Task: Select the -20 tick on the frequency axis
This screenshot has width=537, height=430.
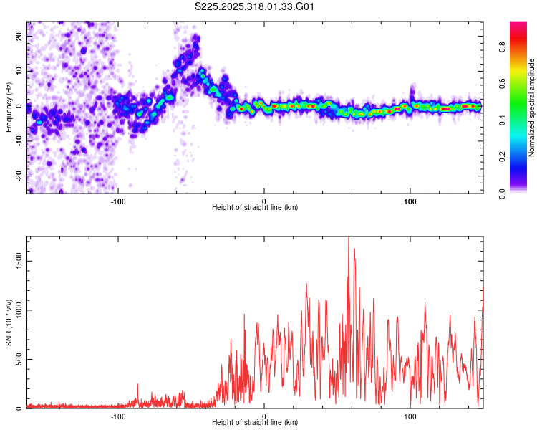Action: [19, 176]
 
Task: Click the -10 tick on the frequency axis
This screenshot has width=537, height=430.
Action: [19, 141]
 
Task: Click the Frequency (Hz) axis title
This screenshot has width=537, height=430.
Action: [9, 107]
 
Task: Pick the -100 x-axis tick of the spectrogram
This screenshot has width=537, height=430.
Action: [118, 200]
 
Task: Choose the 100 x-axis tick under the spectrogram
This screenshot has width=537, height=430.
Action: [410, 200]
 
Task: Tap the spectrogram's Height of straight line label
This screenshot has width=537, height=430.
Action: [255, 208]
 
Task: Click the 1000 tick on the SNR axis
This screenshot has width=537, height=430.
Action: [18, 310]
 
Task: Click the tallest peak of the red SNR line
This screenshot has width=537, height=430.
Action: [348, 238]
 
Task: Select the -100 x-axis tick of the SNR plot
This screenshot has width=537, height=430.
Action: [118, 416]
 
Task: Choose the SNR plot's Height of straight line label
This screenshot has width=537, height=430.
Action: [255, 424]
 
